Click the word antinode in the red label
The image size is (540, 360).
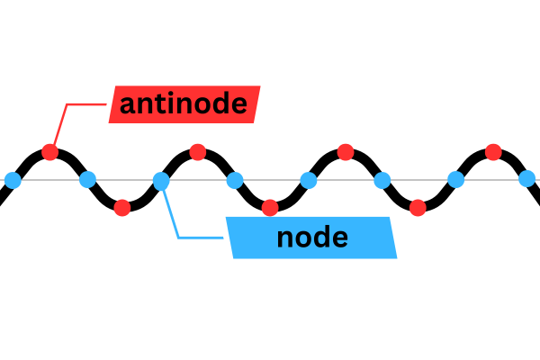(x=183, y=104)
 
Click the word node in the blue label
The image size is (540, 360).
(x=312, y=238)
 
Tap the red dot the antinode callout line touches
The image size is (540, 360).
(x=49, y=152)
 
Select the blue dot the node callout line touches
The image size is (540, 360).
(x=160, y=182)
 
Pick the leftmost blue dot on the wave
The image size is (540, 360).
(x=13, y=181)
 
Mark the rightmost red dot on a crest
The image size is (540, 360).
(x=492, y=151)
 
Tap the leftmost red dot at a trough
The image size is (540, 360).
(x=123, y=208)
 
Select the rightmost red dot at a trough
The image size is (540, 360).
(x=418, y=208)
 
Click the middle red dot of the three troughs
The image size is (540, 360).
(x=270, y=208)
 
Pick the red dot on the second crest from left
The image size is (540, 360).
(x=197, y=151)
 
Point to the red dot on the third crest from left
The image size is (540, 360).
(x=345, y=151)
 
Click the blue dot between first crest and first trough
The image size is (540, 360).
(x=86, y=180)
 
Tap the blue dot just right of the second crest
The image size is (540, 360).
(x=234, y=180)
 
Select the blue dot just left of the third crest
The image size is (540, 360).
(x=308, y=180)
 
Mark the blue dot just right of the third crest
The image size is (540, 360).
(x=382, y=180)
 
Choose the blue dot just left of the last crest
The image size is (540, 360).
(x=455, y=180)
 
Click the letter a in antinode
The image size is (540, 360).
(x=127, y=106)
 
